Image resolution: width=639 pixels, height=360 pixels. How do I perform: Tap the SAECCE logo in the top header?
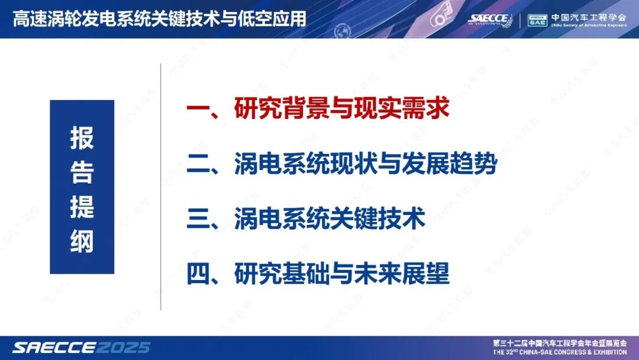(x=490, y=19)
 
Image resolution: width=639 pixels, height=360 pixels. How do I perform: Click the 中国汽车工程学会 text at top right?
(x=588, y=17)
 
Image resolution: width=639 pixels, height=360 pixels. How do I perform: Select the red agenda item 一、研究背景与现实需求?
(x=318, y=110)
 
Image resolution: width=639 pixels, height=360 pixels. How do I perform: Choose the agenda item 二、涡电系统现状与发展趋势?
(x=341, y=165)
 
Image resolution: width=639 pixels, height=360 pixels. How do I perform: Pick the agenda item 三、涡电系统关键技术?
(x=306, y=219)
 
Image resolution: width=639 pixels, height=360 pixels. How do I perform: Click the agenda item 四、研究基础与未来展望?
(x=318, y=274)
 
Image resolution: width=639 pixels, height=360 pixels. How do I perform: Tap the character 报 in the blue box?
(x=82, y=137)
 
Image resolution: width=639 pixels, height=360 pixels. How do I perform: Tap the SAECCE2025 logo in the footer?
(x=82, y=347)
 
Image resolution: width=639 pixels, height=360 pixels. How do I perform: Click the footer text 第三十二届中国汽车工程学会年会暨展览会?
(x=559, y=343)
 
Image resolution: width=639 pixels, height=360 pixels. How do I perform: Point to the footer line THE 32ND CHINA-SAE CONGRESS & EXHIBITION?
(x=559, y=352)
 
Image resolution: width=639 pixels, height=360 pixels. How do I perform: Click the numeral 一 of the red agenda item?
(x=198, y=110)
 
